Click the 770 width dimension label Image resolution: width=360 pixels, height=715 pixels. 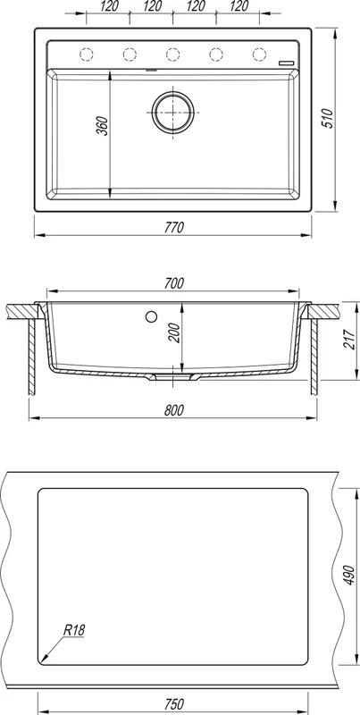pos(173,227)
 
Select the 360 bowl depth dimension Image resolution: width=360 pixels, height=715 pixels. pos(103,126)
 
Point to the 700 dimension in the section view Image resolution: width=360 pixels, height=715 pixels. pos(173,283)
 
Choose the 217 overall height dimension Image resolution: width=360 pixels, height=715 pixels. pos(349,340)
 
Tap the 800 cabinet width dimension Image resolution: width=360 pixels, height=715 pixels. pos(173,410)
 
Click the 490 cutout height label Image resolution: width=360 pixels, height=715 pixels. pos(348,576)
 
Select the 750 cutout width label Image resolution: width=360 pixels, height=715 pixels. pos(173,704)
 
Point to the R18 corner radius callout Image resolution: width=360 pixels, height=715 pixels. pos(74,631)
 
